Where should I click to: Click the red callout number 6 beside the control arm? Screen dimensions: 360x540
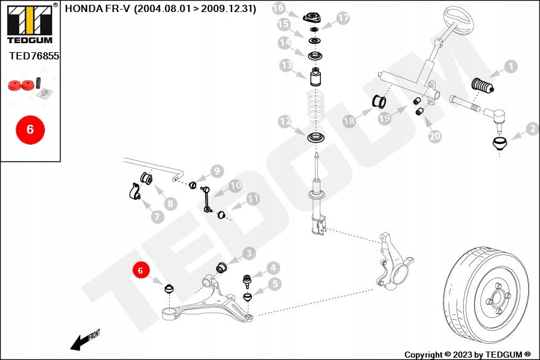(140, 271)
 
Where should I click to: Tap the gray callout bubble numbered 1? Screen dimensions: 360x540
(510, 67)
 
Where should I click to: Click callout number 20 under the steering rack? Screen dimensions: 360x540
(434, 136)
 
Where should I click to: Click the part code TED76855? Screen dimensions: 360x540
(34, 56)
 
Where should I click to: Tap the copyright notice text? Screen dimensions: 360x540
(467, 355)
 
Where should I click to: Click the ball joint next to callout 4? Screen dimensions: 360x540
(245, 279)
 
